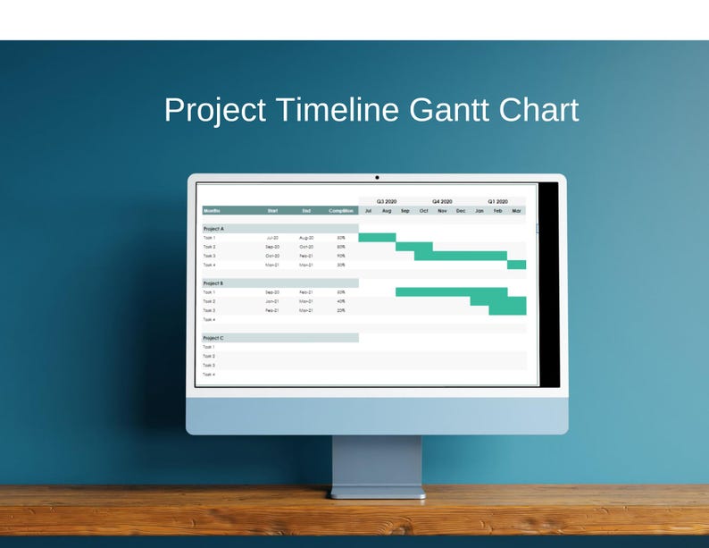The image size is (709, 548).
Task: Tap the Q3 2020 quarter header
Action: (x=386, y=202)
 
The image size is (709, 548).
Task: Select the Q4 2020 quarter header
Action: (x=442, y=202)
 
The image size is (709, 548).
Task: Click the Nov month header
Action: (x=442, y=211)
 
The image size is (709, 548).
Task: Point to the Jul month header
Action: (x=368, y=211)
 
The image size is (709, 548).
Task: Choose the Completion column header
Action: (x=341, y=211)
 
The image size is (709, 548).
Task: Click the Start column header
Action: (x=272, y=211)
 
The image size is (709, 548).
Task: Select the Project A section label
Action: (x=213, y=229)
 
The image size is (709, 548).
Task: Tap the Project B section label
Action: (x=213, y=283)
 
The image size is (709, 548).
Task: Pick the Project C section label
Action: (x=213, y=338)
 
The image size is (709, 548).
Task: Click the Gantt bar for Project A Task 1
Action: (x=377, y=238)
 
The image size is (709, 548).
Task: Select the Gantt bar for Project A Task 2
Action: (x=414, y=247)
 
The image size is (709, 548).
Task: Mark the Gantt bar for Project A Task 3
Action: (x=461, y=256)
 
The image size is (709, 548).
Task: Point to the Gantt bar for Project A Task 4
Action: (x=517, y=265)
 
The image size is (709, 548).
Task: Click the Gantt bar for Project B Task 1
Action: (x=451, y=291)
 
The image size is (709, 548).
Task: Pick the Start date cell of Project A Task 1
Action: (x=272, y=238)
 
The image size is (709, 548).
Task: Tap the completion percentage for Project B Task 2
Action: (x=341, y=301)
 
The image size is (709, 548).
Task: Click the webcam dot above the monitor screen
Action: (x=377, y=177)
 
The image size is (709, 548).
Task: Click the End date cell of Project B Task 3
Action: (x=306, y=310)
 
